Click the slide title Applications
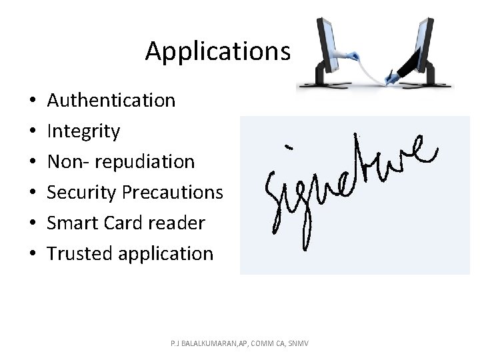coord(217,51)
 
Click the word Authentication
coord(111,101)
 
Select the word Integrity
coord(84,131)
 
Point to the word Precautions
coord(173,193)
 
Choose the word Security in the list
coord(83,193)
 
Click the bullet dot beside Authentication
coord(33,101)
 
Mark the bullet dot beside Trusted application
coord(33,254)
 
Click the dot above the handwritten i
coord(289,146)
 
